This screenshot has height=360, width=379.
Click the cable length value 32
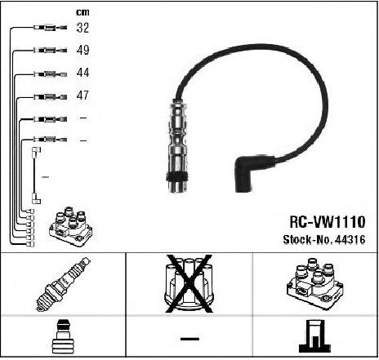click(x=82, y=28)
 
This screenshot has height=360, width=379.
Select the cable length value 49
click(x=82, y=50)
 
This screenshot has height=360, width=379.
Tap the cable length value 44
click(x=82, y=73)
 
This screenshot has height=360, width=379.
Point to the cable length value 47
click(x=82, y=96)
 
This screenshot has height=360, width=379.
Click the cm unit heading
click(x=82, y=12)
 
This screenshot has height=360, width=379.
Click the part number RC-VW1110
click(x=327, y=222)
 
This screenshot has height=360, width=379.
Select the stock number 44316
click(x=350, y=240)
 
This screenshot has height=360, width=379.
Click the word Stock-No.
click(x=308, y=240)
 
